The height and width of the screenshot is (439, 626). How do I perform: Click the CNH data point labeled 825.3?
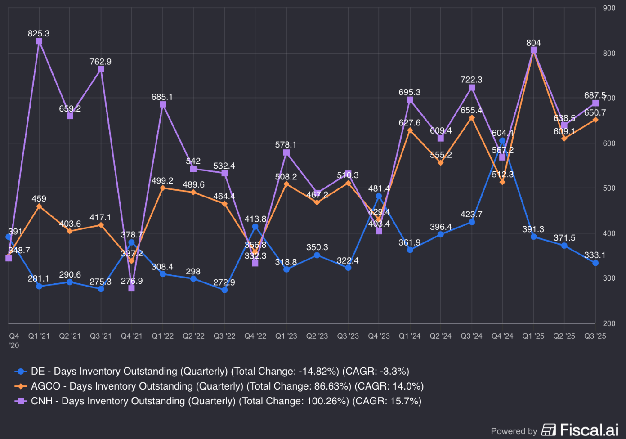click(39, 41)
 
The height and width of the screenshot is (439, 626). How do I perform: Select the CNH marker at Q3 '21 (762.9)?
click(101, 69)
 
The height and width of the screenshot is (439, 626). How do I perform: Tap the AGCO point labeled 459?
click(39, 206)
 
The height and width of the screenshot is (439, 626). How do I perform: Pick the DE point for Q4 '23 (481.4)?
click(379, 196)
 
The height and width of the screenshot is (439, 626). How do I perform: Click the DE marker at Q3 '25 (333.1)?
click(595, 263)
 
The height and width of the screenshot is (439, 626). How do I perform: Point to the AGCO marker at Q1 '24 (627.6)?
click(410, 130)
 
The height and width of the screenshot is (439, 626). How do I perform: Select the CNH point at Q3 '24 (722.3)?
click(472, 88)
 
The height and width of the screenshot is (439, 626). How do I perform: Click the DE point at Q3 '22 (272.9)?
click(224, 290)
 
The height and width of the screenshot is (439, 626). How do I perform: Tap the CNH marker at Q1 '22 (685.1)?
click(163, 104)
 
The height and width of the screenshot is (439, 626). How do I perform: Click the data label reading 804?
click(533, 43)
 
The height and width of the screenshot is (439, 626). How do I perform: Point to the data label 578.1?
click(286, 145)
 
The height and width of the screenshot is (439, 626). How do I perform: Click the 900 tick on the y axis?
click(609, 8)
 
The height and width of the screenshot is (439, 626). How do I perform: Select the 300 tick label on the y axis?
click(609, 278)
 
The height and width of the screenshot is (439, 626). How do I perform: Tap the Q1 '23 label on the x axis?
click(286, 336)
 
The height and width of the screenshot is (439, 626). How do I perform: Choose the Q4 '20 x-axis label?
click(14, 340)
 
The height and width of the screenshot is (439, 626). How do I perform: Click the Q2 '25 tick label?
click(564, 336)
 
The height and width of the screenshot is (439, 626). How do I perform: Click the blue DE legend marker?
click(21, 372)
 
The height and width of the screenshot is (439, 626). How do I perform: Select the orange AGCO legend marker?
click(21, 386)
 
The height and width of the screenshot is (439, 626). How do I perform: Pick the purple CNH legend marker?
click(21, 401)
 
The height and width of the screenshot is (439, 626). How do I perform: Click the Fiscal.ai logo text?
click(589, 430)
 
